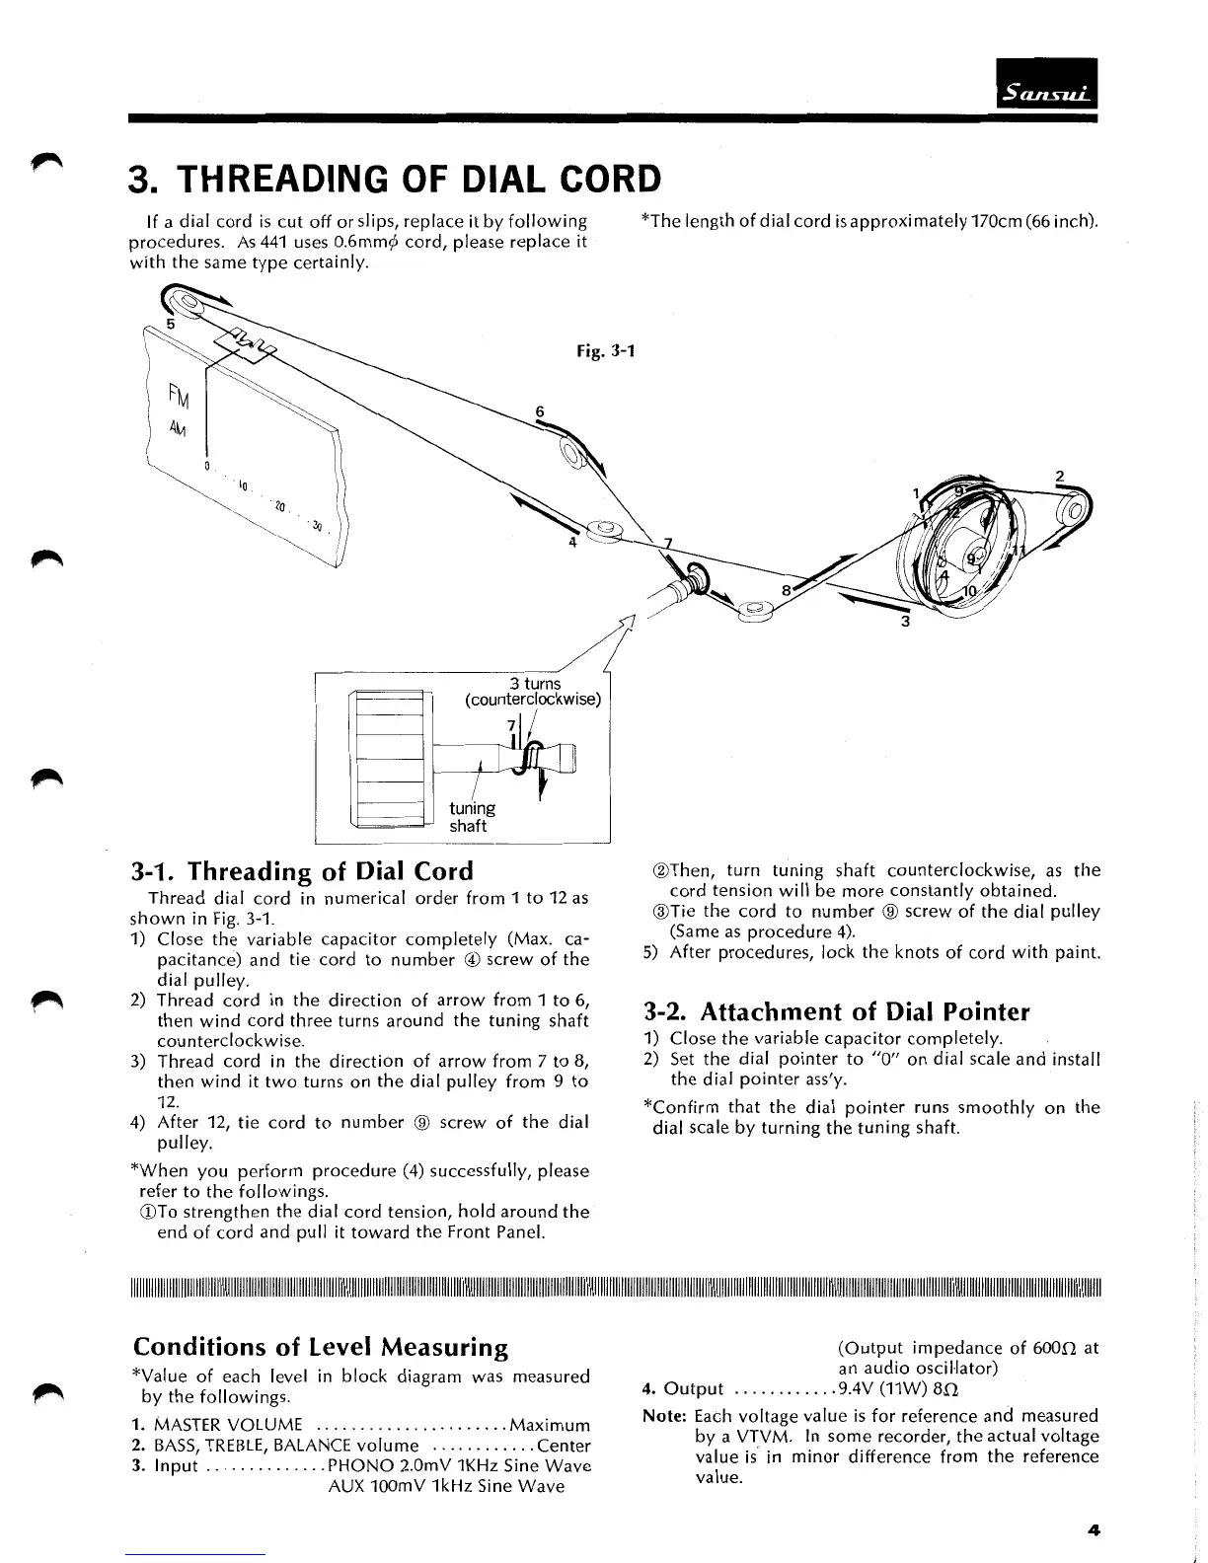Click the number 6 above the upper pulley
click(540, 410)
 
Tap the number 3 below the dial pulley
click(904, 622)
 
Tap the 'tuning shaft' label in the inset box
click(471, 817)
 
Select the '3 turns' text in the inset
click(535, 683)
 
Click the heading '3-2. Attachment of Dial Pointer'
click(836, 1011)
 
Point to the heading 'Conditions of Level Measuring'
click(321, 1347)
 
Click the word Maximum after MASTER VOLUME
click(550, 1425)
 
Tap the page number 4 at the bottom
click(1093, 1530)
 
